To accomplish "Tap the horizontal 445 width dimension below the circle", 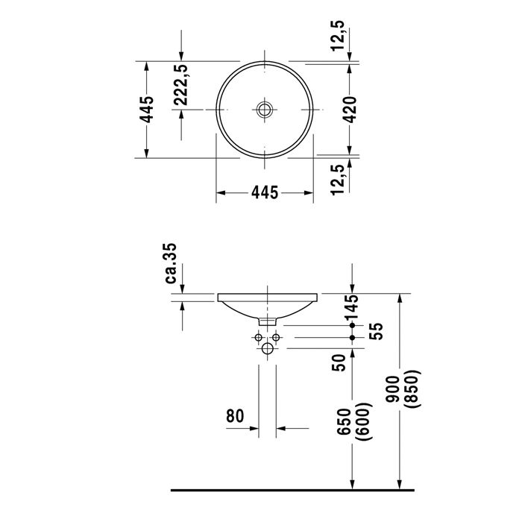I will coord(265,193).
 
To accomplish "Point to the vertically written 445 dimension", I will coord(148,110).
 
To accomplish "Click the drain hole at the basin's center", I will coord(265,110).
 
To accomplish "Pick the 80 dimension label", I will coord(236,416).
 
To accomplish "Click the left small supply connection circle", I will coord(259,338).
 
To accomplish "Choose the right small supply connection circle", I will coord(277,338).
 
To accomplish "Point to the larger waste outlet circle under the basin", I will coord(268,348).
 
